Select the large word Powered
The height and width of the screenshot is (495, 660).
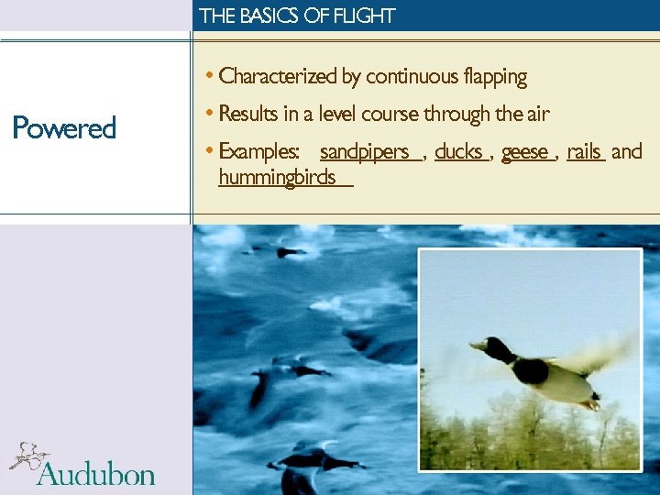64,128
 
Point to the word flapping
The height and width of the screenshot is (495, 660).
495,77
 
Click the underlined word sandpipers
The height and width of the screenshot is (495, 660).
365,152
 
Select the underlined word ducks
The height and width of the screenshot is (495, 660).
458,152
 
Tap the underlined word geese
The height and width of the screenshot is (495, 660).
525,152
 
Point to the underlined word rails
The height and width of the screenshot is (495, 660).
584,152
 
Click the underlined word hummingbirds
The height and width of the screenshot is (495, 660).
278,178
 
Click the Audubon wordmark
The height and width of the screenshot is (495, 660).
95,473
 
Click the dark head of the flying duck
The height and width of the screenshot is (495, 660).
498,348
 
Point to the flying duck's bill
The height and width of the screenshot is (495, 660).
477,345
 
